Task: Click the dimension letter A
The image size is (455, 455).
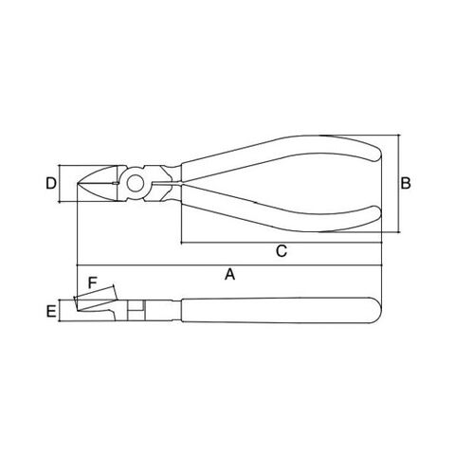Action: pyautogui.click(x=230, y=274)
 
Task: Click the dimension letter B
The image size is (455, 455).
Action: pyautogui.click(x=406, y=183)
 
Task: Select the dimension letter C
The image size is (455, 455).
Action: pyautogui.click(x=282, y=251)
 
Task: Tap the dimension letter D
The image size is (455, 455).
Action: pyautogui.click(x=51, y=183)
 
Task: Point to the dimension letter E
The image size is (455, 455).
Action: pyautogui.click(x=51, y=311)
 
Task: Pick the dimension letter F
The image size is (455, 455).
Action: pyautogui.click(x=92, y=282)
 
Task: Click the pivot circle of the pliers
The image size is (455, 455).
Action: pyautogui.click(x=136, y=183)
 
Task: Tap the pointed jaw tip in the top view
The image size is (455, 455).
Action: pyautogui.click(x=78, y=183)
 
